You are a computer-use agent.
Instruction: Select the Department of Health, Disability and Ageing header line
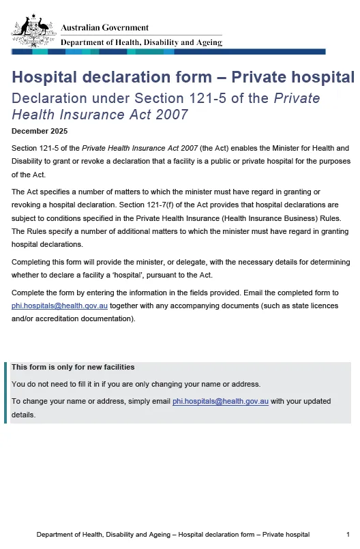(x=141, y=42)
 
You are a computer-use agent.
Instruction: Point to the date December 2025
(x=40, y=131)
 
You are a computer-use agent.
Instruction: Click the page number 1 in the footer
(x=348, y=535)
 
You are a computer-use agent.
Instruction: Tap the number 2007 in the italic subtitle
(x=169, y=114)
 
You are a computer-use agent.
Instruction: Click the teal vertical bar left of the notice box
(x=5, y=392)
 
